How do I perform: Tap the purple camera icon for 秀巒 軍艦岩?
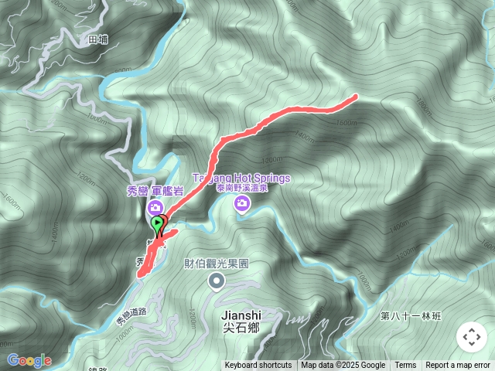click(x=155, y=207)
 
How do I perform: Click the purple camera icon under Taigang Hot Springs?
click(x=243, y=203)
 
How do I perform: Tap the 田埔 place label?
click(x=97, y=38)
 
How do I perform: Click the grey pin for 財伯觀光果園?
click(x=217, y=281)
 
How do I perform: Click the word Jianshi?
click(x=241, y=315)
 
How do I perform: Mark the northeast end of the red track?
click(x=355, y=97)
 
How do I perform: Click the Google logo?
click(x=29, y=360)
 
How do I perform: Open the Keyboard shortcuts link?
click(x=258, y=366)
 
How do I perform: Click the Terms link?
click(x=405, y=366)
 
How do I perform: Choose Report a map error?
click(x=458, y=366)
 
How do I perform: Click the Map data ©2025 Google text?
click(x=343, y=366)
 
